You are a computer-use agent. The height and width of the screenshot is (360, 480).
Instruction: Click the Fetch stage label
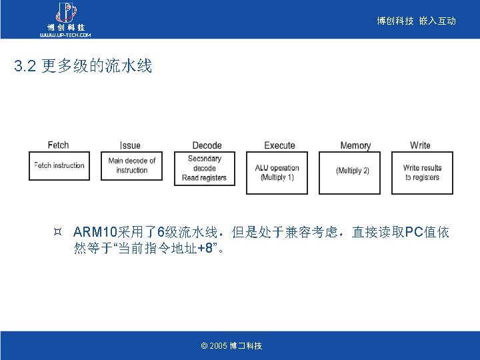(x=58, y=145)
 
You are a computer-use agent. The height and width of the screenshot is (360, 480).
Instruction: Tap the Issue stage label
(x=130, y=145)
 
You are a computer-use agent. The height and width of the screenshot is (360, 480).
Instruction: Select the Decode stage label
(x=207, y=145)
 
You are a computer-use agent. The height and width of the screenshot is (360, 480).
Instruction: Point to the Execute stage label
(x=279, y=145)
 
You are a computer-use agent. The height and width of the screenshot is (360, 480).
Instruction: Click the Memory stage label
(x=355, y=145)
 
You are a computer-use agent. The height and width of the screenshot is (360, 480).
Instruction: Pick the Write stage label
(x=420, y=145)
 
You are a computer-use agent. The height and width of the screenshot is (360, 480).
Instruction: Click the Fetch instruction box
(x=59, y=166)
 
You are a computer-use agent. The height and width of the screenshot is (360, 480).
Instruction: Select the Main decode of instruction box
(x=132, y=166)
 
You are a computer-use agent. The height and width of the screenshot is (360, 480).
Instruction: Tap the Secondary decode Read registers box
(x=204, y=169)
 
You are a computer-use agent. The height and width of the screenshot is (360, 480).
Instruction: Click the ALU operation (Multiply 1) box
(x=277, y=173)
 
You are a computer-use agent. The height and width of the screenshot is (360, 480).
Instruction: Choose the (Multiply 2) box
(x=353, y=171)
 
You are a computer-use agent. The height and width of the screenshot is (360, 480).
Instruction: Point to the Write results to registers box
(x=422, y=173)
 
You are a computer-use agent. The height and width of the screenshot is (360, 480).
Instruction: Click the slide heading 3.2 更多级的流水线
(x=83, y=66)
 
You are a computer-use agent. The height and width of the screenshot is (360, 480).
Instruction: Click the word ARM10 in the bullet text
(x=95, y=233)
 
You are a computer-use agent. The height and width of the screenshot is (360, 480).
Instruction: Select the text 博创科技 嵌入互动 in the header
(x=416, y=21)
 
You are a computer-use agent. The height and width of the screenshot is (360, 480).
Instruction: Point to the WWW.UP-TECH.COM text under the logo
(x=65, y=34)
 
